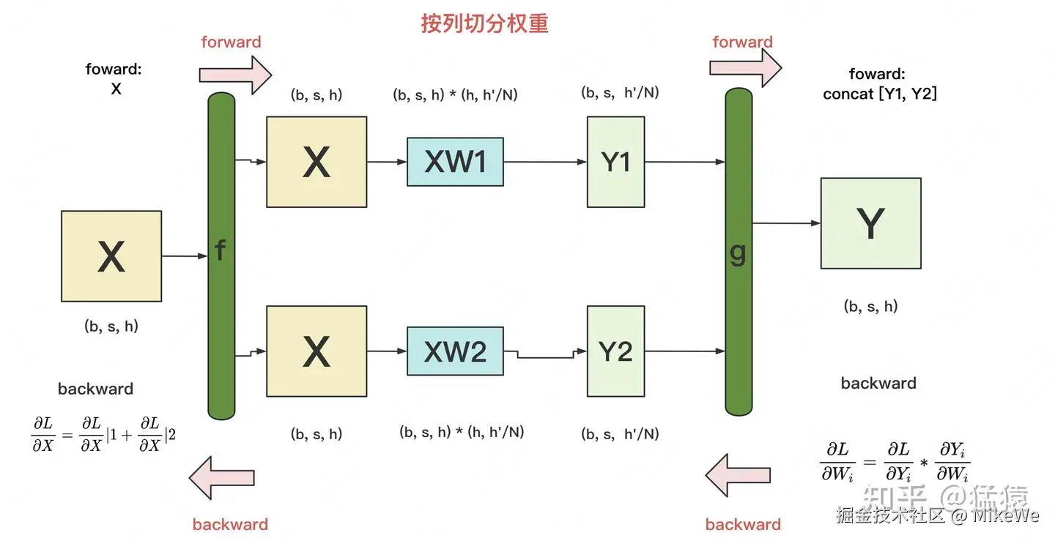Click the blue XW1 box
point(455,162)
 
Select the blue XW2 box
point(455,351)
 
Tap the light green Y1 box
point(615,162)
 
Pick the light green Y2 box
point(615,351)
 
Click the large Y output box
point(871,223)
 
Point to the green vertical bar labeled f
point(221,256)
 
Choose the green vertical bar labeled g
point(738,252)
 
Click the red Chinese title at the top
point(485,23)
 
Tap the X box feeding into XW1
point(316,162)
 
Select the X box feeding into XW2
point(316,351)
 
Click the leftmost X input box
point(111,256)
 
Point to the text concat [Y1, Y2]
point(880,94)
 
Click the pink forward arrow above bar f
point(235,75)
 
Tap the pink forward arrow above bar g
point(746,68)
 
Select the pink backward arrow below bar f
point(221,478)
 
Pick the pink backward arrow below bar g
point(738,475)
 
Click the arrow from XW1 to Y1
point(545,162)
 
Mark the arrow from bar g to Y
point(787,223)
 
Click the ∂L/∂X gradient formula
point(103,434)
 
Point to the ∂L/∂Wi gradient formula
point(895,461)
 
